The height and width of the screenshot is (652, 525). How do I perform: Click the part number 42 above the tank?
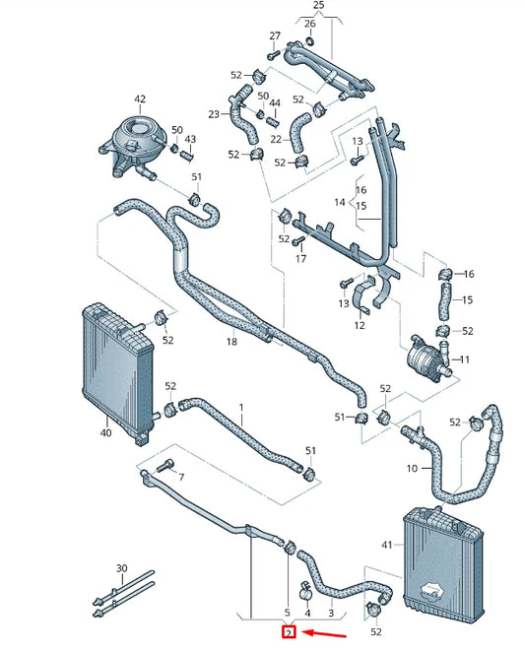[x=140, y=99]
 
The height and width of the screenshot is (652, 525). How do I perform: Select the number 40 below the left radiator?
[x=105, y=430]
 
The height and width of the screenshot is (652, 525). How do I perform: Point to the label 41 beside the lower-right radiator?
[x=386, y=545]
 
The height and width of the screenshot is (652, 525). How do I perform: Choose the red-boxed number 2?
[x=289, y=632]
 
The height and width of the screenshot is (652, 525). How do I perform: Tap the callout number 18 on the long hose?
[x=231, y=342]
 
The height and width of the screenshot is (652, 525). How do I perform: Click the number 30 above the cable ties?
[x=122, y=568]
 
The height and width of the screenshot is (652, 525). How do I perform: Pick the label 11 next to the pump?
[x=465, y=359]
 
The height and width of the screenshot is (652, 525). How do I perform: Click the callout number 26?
[x=309, y=24]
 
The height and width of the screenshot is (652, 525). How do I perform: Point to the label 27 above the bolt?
[x=275, y=36]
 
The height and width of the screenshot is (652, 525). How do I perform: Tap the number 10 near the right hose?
[x=412, y=469]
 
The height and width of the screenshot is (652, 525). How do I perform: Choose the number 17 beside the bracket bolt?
[x=301, y=259]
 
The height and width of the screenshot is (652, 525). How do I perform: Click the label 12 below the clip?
[x=360, y=325]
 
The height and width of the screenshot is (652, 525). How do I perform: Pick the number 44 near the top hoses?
[x=275, y=103]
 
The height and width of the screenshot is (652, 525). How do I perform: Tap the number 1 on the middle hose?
[x=240, y=406]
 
